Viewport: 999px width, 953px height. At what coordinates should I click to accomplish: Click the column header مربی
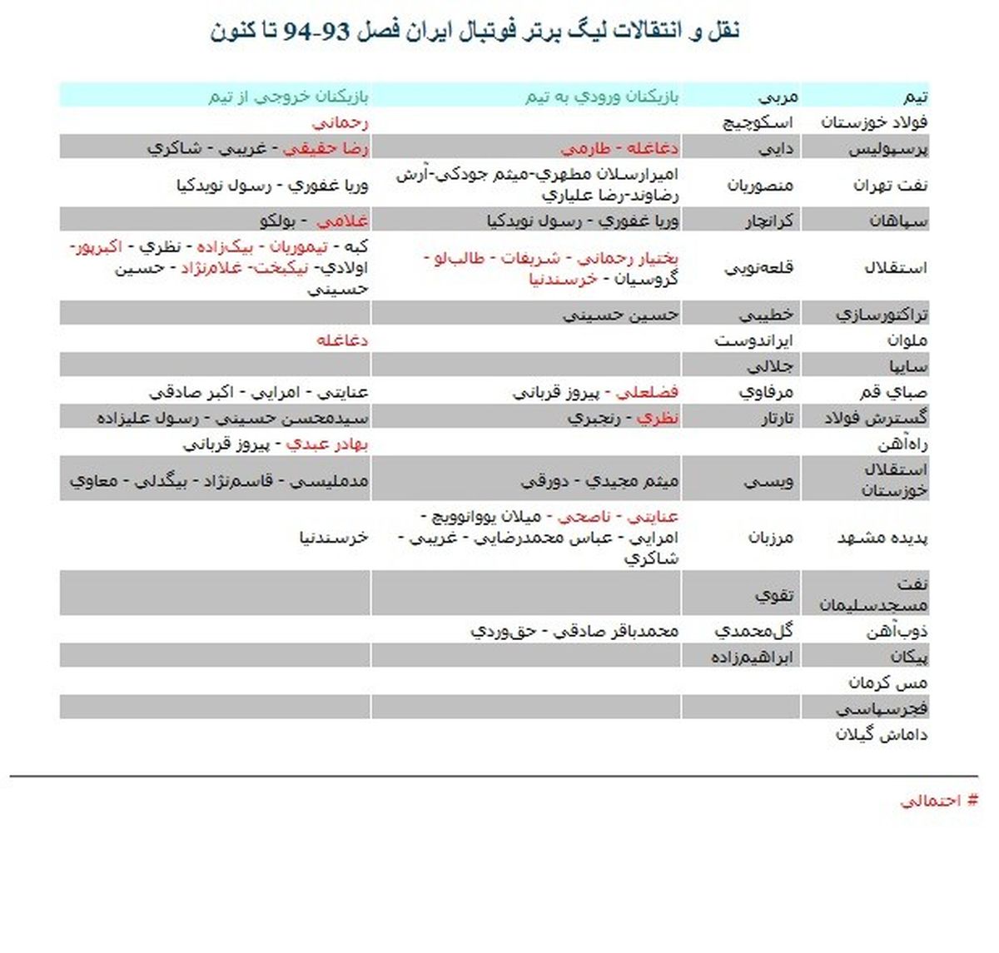(778, 97)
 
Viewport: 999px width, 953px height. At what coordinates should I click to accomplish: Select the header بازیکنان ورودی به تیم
(602, 97)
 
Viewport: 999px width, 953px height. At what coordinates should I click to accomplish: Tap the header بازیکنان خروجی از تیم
(288, 97)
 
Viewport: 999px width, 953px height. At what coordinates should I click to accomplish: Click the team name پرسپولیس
(888, 149)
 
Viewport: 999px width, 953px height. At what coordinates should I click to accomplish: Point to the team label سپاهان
(898, 221)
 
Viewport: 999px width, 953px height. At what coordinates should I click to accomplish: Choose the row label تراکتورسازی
(882, 315)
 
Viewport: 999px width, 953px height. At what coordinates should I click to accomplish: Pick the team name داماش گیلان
(882, 734)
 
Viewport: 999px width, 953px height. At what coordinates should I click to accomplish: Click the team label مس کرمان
(887, 682)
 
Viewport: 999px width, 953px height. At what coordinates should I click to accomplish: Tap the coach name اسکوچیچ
(757, 122)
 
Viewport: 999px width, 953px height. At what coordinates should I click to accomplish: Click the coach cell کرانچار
(769, 221)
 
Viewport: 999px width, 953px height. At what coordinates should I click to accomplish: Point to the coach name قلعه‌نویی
(758, 268)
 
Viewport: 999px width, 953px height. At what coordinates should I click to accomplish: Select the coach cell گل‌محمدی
(753, 631)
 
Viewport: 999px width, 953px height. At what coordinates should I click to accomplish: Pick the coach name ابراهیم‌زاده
(752, 657)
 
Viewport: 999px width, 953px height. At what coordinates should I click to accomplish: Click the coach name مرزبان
(771, 538)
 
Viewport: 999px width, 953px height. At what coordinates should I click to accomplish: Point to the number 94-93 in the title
(317, 32)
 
